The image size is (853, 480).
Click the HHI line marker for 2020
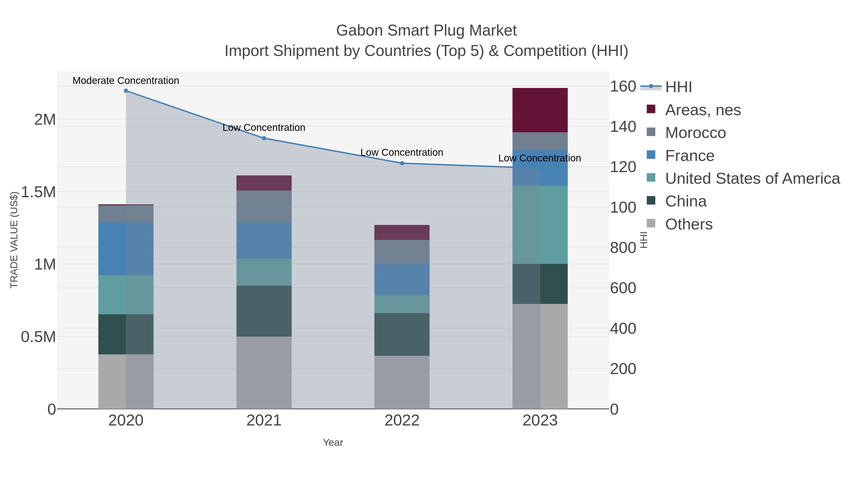click(x=126, y=91)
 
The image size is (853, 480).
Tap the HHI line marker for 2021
click(x=264, y=138)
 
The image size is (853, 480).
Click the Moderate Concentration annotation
click(x=126, y=81)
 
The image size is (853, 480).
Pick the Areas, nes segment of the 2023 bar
click(x=540, y=110)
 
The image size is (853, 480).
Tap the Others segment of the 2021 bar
click(x=264, y=372)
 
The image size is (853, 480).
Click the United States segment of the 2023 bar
click(x=540, y=225)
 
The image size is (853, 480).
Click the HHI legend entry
click(x=678, y=87)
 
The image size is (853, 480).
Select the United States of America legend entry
click(x=752, y=178)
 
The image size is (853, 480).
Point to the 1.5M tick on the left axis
click(x=38, y=192)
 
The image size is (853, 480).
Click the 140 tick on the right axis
click(x=623, y=127)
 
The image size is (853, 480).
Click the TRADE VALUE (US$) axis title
click(x=14, y=240)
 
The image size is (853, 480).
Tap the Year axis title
click(x=333, y=443)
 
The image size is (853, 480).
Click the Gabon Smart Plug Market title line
click(x=426, y=31)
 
